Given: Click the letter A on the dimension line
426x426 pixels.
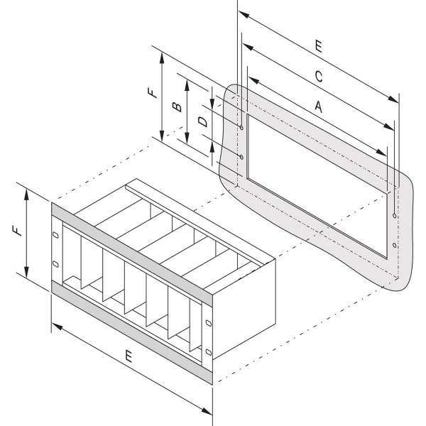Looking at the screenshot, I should pos(319,106).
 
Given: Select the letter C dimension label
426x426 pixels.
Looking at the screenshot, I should pos(319,76).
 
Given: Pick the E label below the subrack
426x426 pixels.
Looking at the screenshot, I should pos(129,359).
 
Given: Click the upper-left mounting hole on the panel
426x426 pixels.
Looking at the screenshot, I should pos(242,129).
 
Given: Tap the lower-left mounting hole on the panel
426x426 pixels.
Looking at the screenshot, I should pos(242,156).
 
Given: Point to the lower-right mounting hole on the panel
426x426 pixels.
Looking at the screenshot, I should pos(394,244).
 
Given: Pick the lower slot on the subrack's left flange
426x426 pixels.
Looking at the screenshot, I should pos(55,266).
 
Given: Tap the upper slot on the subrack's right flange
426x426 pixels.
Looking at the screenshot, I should pos(207,323).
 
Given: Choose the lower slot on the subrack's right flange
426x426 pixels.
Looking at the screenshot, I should pos(207,352).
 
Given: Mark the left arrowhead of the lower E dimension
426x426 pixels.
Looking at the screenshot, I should pos(55,327).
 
